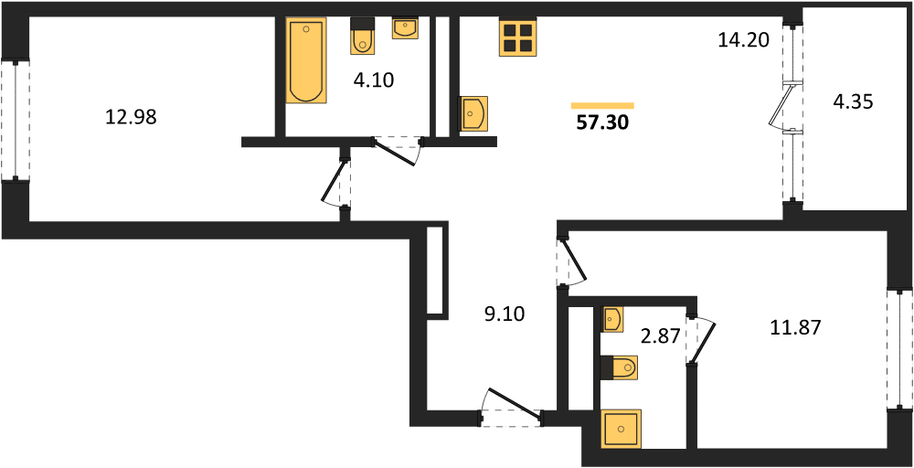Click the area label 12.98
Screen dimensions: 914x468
(x=131, y=118)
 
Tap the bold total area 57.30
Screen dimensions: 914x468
(x=602, y=123)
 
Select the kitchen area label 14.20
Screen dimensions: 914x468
(x=744, y=40)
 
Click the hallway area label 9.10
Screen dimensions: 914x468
(x=505, y=314)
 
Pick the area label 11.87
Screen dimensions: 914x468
(x=795, y=328)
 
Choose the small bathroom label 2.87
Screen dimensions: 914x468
(x=662, y=338)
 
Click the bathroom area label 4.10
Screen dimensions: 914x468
(x=374, y=80)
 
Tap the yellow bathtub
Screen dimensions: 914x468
(x=305, y=60)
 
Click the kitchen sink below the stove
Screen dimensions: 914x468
(x=475, y=113)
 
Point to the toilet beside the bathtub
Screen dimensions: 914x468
(x=363, y=37)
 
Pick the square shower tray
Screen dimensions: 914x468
(x=622, y=429)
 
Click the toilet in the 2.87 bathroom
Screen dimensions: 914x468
(x=619, y=367)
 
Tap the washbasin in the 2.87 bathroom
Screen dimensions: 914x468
(x=611, y=318)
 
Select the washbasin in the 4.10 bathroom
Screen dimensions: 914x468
(x=405, y=27)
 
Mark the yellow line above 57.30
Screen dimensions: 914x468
(x=602, y=105)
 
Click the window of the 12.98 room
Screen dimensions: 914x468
(x=16, y=121)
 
